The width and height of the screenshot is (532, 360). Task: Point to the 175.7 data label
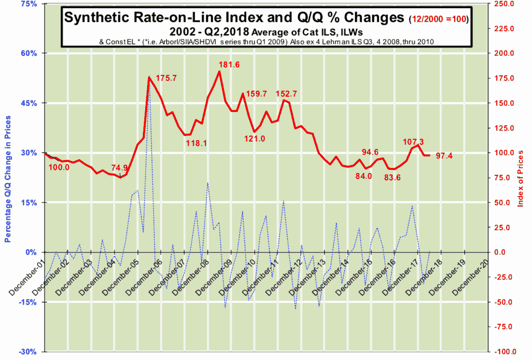166,78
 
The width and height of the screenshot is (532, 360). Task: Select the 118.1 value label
196,143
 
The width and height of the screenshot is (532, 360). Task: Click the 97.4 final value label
444,156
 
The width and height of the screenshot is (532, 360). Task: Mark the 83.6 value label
392,178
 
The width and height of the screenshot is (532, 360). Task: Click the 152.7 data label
286,93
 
